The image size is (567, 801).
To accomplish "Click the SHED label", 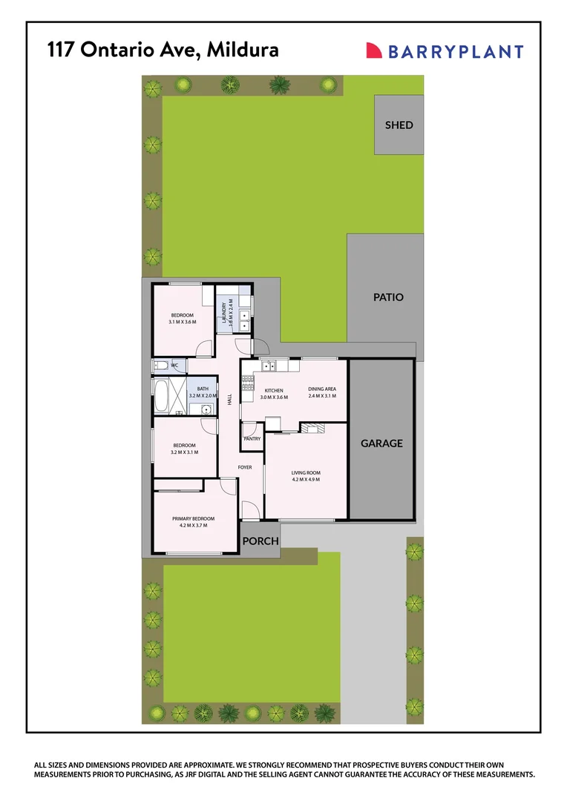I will coord(399,125).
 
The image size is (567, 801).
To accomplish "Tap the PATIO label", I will coord(388,297).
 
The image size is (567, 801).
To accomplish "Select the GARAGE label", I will coord(381,444).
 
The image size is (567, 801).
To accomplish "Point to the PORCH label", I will coord(260,541).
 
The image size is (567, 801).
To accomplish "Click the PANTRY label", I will coord(252,439).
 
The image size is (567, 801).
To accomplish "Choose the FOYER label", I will coord(245,467).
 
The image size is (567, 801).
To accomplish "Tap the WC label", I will coord(175,366).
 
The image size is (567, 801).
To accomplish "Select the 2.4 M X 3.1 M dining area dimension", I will coord(322,396).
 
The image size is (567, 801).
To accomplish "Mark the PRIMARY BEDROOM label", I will coord(193,518).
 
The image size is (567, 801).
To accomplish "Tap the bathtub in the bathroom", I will coord(160,396).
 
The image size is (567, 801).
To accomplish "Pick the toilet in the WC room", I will coord(159,366).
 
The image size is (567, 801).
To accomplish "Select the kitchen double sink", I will coord(270,365).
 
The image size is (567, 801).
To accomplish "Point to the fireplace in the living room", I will coord(313,427).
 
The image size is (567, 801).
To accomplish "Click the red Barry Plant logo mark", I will coord(374,50).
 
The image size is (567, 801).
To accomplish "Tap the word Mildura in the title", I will coord(243,50).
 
